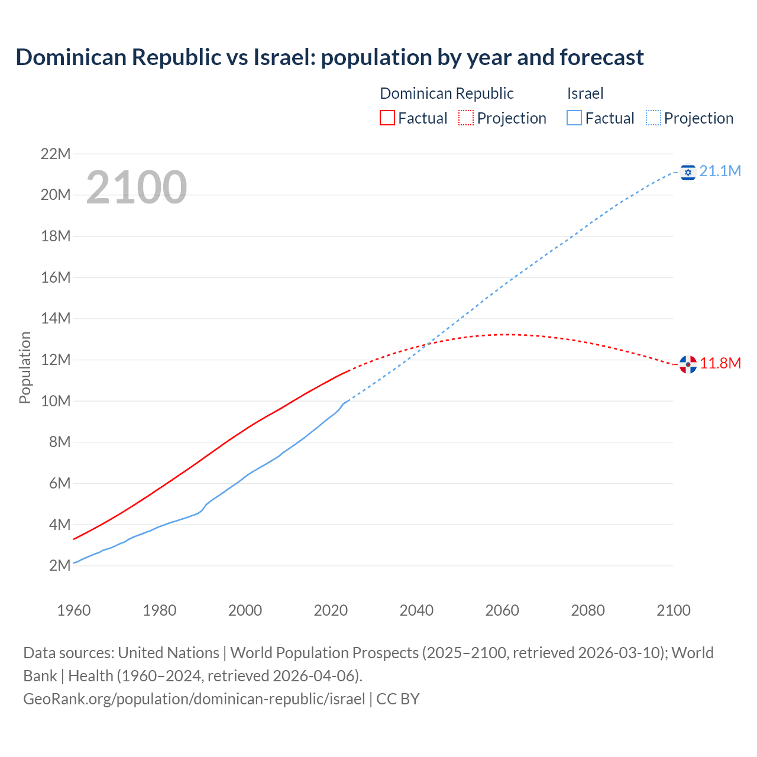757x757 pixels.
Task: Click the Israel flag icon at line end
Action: (688, 172)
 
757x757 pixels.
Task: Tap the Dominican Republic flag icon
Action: (688, 364)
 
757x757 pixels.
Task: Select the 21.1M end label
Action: (720, 172)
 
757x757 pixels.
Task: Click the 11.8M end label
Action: (720, 363)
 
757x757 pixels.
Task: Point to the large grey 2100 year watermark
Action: (137, 187)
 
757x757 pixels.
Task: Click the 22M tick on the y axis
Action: (56, 154)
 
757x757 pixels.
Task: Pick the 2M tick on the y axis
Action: (60, 565)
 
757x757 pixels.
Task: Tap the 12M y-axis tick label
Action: (56, 360)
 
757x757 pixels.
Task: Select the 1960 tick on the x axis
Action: (74, 610)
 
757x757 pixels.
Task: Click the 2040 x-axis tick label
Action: (416, 610)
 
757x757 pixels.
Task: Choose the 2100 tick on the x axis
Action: (673, 610)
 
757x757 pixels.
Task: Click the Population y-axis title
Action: (25, 367)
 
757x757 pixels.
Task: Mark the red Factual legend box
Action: (387, 118)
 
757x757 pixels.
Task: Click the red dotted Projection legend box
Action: (465, 118)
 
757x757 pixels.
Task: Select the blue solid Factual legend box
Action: (574, 118)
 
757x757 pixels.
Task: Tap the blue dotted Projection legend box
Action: (653, 118)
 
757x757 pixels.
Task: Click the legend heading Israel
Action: (585, 93)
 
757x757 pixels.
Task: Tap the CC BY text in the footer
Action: (397, 699)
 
